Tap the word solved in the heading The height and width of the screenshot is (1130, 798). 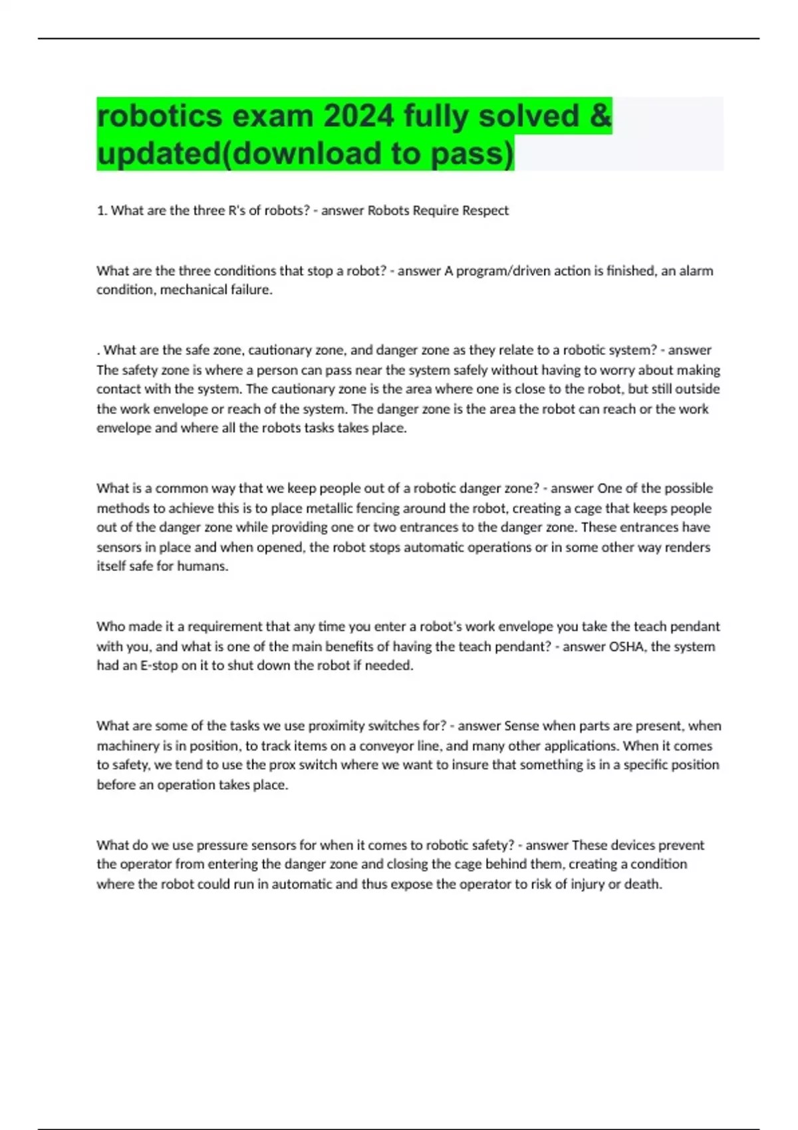529,116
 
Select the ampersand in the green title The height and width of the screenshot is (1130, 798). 600,116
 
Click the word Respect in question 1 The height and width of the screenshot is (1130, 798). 485,211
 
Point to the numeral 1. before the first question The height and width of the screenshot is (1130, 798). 102,211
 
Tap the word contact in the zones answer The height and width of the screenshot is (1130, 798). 117,389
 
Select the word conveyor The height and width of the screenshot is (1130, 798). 386,746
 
